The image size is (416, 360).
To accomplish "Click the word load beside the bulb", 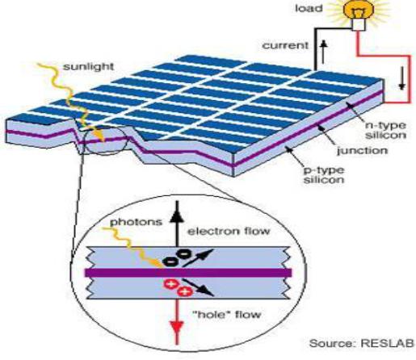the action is (309, 9).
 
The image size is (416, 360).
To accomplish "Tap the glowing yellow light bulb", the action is (359, 10).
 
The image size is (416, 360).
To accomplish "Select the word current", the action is (285, 45).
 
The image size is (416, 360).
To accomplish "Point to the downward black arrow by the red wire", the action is (402, 78).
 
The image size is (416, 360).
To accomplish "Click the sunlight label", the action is (88, 66).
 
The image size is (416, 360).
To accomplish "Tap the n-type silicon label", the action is (385, 130).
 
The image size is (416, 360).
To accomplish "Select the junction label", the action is (363, 151).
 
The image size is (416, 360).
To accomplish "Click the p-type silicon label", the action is (324, 175).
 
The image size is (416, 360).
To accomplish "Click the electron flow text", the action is (229, 232).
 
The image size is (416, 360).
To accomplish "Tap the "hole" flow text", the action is (228, 314).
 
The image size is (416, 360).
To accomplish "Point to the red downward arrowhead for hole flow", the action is (177, 328).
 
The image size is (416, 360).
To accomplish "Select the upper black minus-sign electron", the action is (183, 253).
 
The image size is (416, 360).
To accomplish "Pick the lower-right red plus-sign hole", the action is (185, 291).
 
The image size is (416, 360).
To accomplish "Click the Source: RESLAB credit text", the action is (361, 344).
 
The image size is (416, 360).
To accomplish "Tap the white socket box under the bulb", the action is (359, 25).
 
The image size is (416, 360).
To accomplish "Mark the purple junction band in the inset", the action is (188, 273).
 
